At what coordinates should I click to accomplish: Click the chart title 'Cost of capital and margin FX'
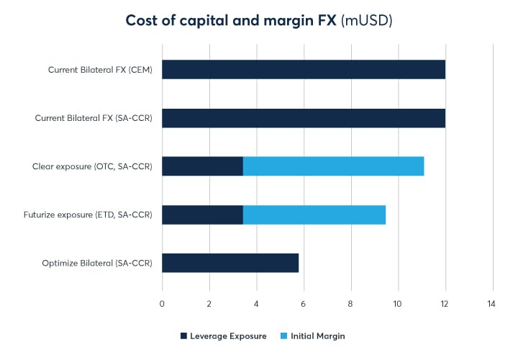(x=230, y=20)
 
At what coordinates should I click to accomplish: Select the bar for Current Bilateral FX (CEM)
(x=303, y=69)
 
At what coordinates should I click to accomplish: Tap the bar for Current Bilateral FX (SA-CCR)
(x=303, y=117)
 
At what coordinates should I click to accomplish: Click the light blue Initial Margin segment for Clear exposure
(x=333, y=166)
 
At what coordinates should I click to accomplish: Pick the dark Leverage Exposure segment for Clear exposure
(x=202, y=166)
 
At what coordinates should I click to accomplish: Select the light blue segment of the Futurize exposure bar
(x=314, y=215)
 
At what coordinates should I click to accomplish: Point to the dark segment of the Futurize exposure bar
(x=202, y=215)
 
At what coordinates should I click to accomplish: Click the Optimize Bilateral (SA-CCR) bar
(x=230, y=263)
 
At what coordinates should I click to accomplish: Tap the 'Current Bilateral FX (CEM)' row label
(x=100, y=70)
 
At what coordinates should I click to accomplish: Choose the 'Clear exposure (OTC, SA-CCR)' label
(x=92, y=166)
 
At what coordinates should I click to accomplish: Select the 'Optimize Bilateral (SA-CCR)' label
(x=97, y=263)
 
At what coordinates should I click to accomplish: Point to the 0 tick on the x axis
(x=162, y=305)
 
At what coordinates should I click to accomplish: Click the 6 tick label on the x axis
(x=304, y=305)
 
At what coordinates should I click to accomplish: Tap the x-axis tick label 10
(x=398, y=305)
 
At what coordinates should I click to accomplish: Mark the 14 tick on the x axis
(x=492, y=305)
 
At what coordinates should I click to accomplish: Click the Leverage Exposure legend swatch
(x=184, y=336)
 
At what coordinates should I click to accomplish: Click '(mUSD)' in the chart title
(x=366, y=20)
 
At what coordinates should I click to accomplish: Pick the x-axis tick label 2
(x=209, y=305)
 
